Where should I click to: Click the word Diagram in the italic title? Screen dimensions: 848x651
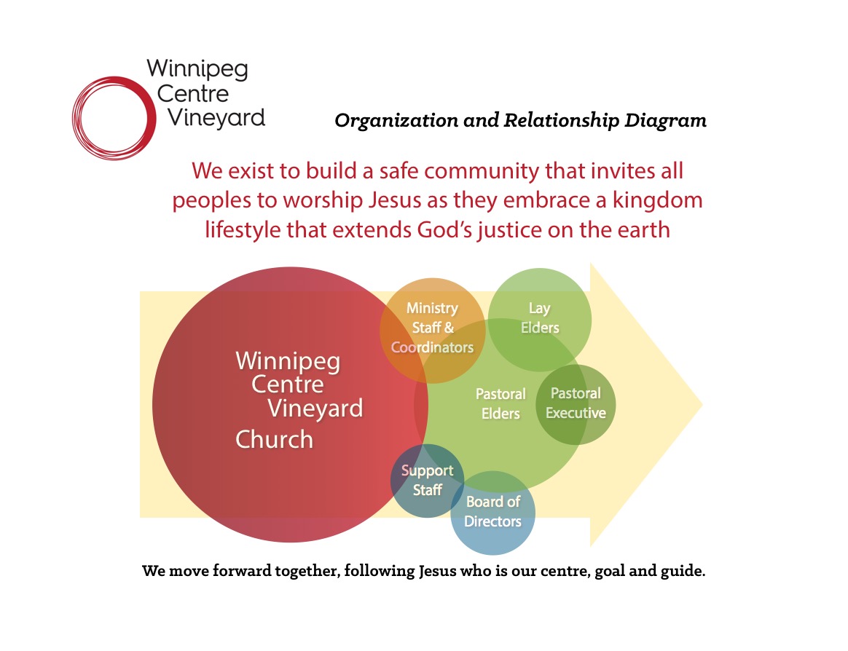665,121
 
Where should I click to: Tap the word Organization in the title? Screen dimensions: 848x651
396,121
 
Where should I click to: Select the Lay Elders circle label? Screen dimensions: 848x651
540,318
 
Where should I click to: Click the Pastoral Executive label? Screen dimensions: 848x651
576,403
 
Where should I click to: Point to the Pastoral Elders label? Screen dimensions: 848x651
500,404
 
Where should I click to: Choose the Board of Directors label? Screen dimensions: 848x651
492,511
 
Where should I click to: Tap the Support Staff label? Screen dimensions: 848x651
427,480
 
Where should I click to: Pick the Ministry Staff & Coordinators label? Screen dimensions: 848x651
432,328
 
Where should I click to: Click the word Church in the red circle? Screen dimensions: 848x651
274,440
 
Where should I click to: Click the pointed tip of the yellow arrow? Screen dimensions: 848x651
702,404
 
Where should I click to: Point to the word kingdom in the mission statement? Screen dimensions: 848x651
658,201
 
